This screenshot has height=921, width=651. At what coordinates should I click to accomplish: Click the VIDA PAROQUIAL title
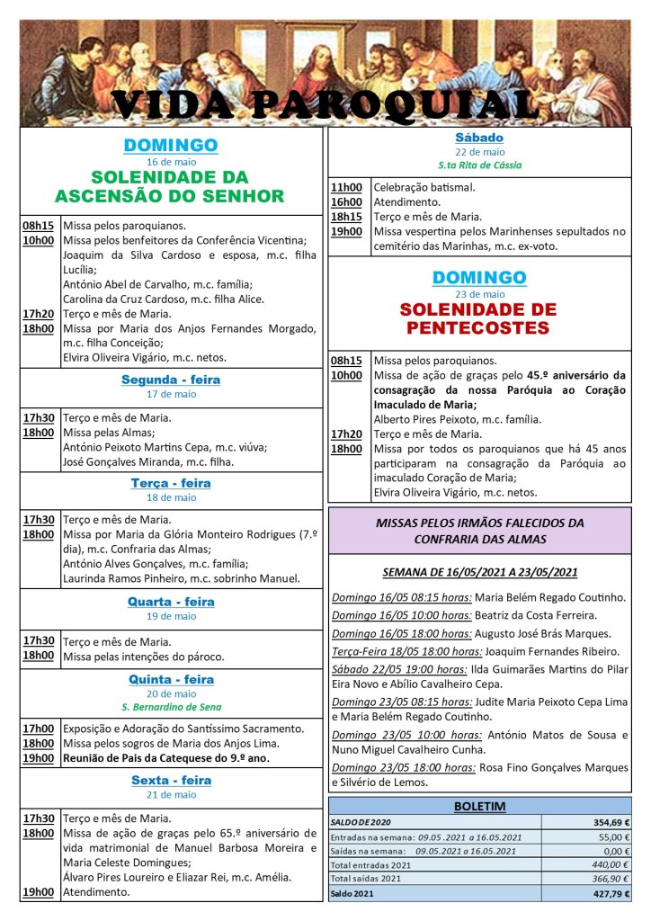pos(325,104)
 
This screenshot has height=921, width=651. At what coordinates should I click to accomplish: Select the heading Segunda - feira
pos(171,380)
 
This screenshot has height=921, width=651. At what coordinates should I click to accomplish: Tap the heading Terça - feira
pos(171,483)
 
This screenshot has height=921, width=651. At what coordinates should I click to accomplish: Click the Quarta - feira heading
pos(171,602)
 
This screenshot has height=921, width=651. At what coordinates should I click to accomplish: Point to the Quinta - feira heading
pos(171,679)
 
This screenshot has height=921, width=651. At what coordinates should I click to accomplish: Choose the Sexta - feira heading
pos(171,780)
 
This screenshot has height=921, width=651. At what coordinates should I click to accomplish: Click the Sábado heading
pos(479,138)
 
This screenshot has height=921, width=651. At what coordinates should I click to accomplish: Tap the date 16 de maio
pos(171,161)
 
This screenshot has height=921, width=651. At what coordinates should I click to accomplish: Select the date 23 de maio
pos(479,294)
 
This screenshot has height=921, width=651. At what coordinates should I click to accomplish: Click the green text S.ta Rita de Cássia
pos(479,165)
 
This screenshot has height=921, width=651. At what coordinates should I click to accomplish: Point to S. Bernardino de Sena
pos(171,708)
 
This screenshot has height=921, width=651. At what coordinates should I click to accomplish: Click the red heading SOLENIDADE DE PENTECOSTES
pos(479,319)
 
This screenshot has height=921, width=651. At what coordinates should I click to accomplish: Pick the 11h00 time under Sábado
pos(346,188)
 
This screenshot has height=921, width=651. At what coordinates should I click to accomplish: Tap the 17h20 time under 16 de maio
pos(38,314)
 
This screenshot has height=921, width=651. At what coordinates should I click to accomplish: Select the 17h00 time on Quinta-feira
pos(38,729)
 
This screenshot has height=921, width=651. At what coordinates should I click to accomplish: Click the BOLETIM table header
pos(479,807)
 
